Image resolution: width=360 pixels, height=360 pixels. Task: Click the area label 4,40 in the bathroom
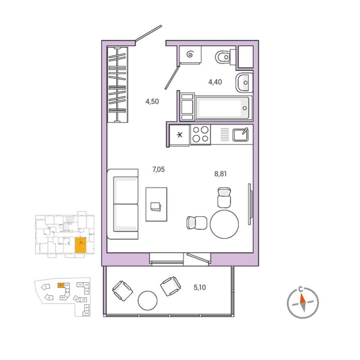pos(215,82)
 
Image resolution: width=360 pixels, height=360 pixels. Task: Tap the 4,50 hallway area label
pos(152,102)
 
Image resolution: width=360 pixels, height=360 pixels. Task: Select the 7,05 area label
pos(158,169)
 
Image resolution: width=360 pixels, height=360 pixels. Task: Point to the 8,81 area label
pos(220,173)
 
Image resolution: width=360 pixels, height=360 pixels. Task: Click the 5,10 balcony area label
pos(200,288)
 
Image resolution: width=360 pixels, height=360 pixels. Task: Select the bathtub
pos(223,108)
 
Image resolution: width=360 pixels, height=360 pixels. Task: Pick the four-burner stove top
pos(200,134)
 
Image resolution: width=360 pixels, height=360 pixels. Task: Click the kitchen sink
pos(241,134)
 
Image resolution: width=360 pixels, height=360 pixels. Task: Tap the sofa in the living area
pos(124,204)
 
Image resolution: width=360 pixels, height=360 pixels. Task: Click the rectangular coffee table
pos(156,204)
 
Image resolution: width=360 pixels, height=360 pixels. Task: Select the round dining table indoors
pos(224,224)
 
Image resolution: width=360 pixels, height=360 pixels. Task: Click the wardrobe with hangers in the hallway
pos(118,84)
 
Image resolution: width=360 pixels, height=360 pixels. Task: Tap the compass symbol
pos(302,303)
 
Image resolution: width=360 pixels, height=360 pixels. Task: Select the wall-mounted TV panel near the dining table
pos(249,204)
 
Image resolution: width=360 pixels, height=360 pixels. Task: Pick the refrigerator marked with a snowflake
pos(180,135)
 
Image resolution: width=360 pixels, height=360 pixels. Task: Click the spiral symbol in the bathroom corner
pos(190,54)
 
